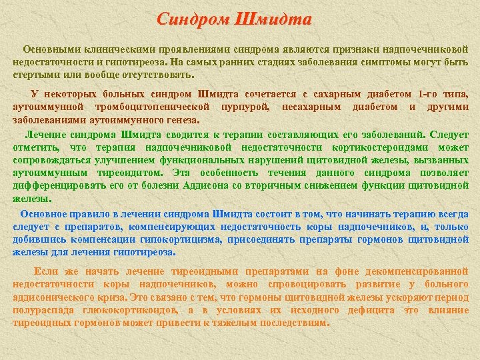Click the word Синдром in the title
(x=193, y=19)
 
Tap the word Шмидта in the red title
(x=273, y=19)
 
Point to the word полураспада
(x=41, y=310)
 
